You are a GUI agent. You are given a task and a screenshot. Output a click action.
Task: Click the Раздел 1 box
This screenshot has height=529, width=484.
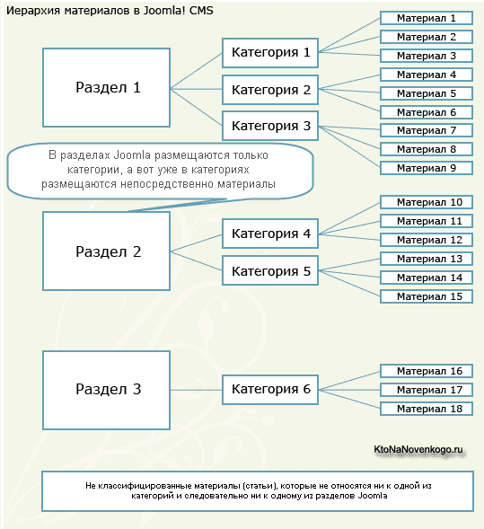click(106, 88)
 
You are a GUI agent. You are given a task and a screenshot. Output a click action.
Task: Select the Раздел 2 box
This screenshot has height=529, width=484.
click(106, 251)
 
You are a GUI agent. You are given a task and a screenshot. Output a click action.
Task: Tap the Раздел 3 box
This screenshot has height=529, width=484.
click(106, 390)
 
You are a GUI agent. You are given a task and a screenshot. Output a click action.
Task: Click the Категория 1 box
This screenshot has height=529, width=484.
click(270, 53)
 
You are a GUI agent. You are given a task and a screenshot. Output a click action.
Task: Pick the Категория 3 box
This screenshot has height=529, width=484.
click(270, 126)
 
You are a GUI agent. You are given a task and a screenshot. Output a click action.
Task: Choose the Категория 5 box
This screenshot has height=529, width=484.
click(270, 270)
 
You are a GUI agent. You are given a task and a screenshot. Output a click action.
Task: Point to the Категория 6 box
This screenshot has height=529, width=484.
click(270, 390)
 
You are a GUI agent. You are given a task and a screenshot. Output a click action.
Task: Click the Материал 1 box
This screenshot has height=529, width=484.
click(427, 18)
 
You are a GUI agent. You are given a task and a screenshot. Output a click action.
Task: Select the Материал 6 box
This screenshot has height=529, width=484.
click(427, 112)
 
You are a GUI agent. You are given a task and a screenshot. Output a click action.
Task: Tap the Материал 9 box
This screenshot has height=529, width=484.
click(427, 168)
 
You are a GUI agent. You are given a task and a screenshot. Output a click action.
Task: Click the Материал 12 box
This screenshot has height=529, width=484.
click(427, 240)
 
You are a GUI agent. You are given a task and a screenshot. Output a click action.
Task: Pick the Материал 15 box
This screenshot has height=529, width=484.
click(427, 296)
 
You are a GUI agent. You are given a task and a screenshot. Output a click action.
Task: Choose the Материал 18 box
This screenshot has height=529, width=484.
click(427, 409)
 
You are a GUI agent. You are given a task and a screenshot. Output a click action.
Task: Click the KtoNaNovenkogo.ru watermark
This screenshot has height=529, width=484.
click(418, 450)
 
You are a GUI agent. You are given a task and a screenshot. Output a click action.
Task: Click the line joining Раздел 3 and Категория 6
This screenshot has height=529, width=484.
click(196, 390)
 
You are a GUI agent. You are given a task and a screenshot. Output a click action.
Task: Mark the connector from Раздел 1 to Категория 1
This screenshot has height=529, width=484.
click(196, 71)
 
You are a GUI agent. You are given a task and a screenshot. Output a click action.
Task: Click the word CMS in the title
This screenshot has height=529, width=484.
click(201, 11)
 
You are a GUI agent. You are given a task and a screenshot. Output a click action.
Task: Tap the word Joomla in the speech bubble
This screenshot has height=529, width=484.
click(132, 155)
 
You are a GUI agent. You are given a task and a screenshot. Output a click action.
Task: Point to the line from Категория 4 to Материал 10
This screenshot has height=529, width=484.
click(349, 218)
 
